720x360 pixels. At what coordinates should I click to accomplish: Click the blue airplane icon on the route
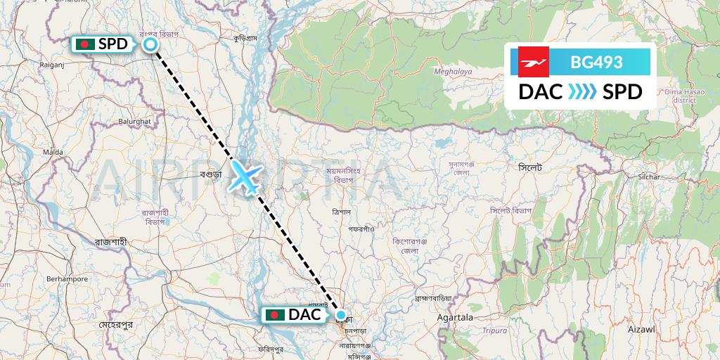tap(244, 176)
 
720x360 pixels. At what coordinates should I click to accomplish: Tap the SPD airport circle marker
tap(150, 45)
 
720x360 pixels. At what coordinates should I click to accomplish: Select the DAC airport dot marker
tap(341, 315)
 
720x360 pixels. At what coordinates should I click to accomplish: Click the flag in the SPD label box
tap(86, 44)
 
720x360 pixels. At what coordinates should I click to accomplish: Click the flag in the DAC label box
tap(276, 315)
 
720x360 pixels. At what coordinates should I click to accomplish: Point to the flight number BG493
tap(597, 62)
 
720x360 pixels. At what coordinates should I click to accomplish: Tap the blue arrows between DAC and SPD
tap(582, 91)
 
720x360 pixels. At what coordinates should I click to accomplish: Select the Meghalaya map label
tap(452, 71)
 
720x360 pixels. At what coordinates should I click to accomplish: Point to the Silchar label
tap(627, 176)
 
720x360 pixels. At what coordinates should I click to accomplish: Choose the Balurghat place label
tap(135, 121)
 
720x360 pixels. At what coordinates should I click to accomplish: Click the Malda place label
tap(53, 151)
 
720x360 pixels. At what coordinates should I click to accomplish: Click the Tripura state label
tap(496, 330)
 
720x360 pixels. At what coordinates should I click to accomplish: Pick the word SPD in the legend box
tap(622, 91)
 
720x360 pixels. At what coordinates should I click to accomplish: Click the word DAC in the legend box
tap(541, 91)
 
